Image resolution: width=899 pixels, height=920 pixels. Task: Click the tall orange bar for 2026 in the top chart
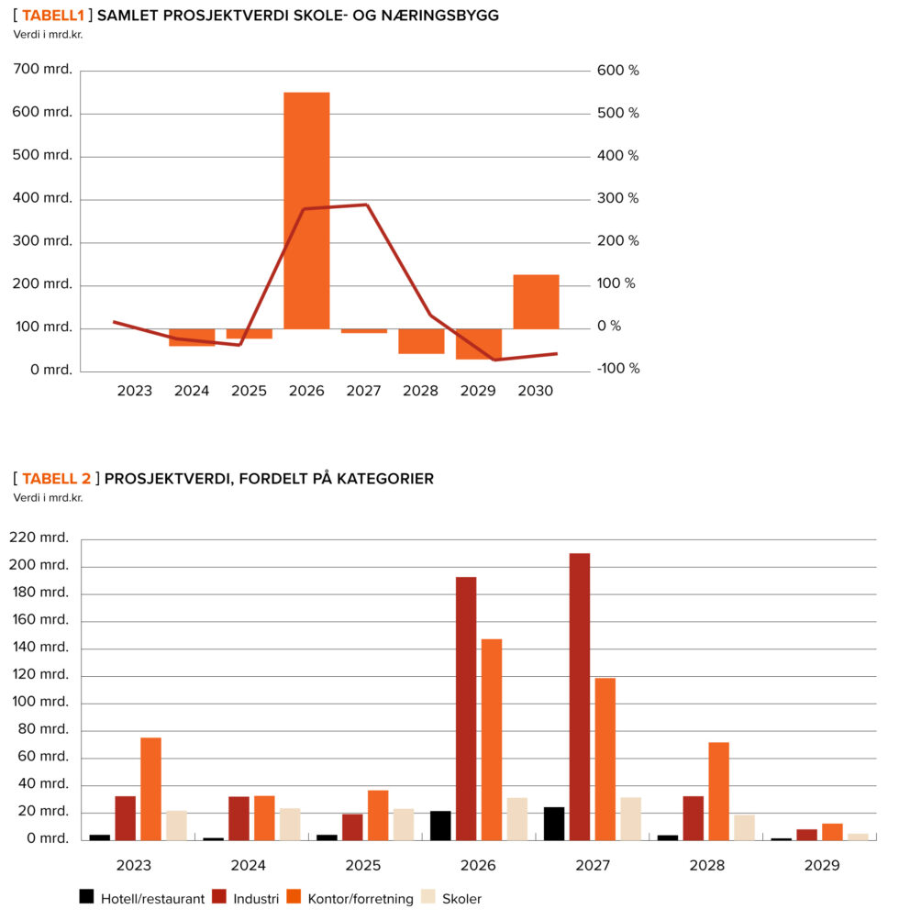306,210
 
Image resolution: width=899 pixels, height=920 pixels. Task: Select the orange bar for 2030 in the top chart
536,302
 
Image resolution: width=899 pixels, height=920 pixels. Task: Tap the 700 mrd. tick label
43,71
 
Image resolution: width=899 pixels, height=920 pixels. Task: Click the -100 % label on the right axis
618,369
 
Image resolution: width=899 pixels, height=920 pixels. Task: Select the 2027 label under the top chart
363,391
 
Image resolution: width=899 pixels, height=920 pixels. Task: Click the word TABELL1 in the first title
53,16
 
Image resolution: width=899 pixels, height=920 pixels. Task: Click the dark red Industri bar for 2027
579,696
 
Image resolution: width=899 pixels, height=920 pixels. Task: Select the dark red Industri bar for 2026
466,707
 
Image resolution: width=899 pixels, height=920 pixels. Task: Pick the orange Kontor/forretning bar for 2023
150,788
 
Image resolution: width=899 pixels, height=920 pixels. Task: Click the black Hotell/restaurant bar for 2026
440,825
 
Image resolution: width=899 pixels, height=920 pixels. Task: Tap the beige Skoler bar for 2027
630,818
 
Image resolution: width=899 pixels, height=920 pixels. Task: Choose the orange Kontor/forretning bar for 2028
718,791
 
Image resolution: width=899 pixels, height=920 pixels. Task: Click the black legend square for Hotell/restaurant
87,897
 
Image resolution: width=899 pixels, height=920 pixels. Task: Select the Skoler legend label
461,899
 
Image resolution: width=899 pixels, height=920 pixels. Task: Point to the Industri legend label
256,899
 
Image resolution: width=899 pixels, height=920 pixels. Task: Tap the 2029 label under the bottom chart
820,865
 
